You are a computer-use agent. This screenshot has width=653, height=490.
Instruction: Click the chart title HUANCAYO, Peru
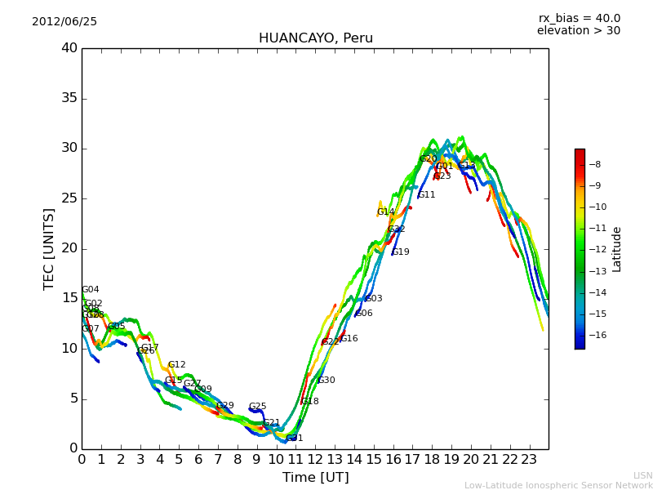[x=315, y=38]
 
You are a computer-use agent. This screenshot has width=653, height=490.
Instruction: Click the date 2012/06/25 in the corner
[x=64, y=21]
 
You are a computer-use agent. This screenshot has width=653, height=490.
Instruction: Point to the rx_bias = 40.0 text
[x=579, y=18]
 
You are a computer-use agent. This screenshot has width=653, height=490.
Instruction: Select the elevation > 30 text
[x=578, y=31]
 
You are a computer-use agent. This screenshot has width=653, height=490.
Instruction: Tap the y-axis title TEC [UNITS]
[x=49, y=248]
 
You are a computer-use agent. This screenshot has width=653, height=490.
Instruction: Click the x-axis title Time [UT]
[x=315, y=478]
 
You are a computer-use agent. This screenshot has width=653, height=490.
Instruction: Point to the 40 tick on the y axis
[x=69, y=48]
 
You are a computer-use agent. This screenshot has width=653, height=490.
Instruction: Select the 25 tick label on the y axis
[x=69, y=198]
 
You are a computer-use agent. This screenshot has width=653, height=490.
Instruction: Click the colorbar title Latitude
[x=617, y=249]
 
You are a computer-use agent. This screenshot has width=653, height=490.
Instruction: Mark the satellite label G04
[x=90, y=290]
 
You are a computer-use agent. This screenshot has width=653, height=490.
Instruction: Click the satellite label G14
[x=385, y=212]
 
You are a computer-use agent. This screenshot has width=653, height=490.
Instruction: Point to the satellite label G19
[x=401, y=252]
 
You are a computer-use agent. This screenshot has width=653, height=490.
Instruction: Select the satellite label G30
[x=326, y=381]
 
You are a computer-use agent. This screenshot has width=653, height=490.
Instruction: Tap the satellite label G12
[x=176, y=365]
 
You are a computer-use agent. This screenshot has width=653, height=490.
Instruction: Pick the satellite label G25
[x=257, y=407]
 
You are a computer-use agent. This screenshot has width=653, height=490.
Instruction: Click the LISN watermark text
[x=642, y=475]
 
